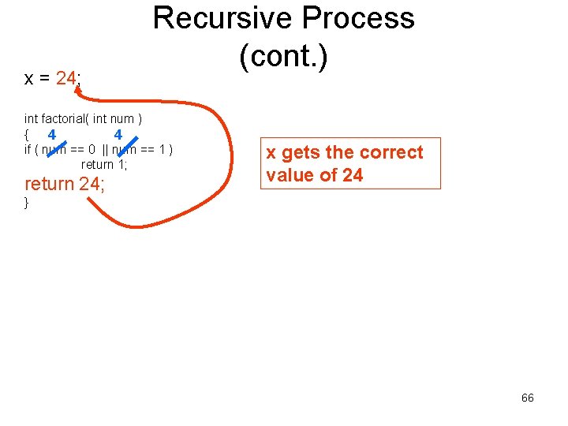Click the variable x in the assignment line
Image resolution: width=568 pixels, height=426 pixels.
[x=28, y=79]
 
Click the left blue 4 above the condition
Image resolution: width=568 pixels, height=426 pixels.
[x=51, y=134]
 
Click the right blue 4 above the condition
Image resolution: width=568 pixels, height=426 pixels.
[x=118, y=134]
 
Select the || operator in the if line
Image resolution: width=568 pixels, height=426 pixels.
[x=106, y=150]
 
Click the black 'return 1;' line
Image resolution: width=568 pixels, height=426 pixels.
[x=104, y=165]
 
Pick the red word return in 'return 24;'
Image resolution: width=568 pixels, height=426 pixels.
[x=49, y=185]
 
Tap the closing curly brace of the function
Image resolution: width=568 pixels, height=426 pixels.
[x=27, y=203]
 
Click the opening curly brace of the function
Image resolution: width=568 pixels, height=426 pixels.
[x=27, y=135]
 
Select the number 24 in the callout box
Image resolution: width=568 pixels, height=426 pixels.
[x=353, y=175]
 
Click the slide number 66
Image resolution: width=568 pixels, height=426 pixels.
[x=527, y=398]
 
